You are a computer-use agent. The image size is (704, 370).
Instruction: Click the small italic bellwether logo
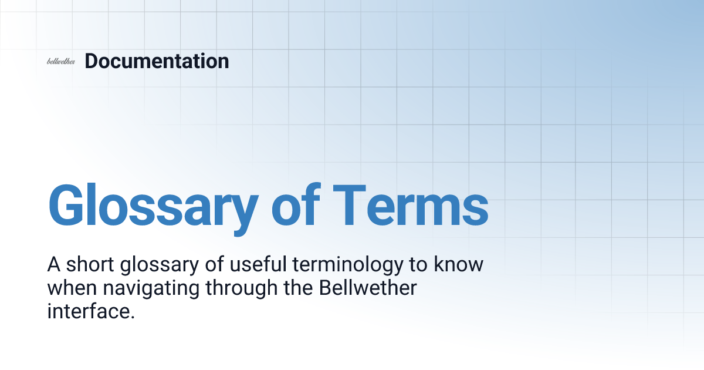tap(60, 62)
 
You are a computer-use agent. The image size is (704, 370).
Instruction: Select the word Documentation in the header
tap(157, 61)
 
